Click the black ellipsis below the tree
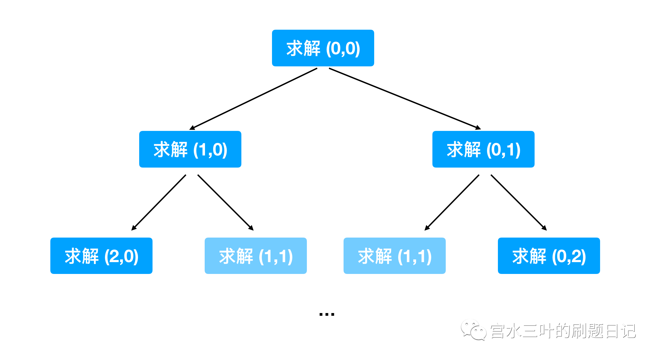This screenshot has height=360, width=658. [x=327, y=314]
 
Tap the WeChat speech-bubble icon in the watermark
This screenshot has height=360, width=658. [x=473, y=330]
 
